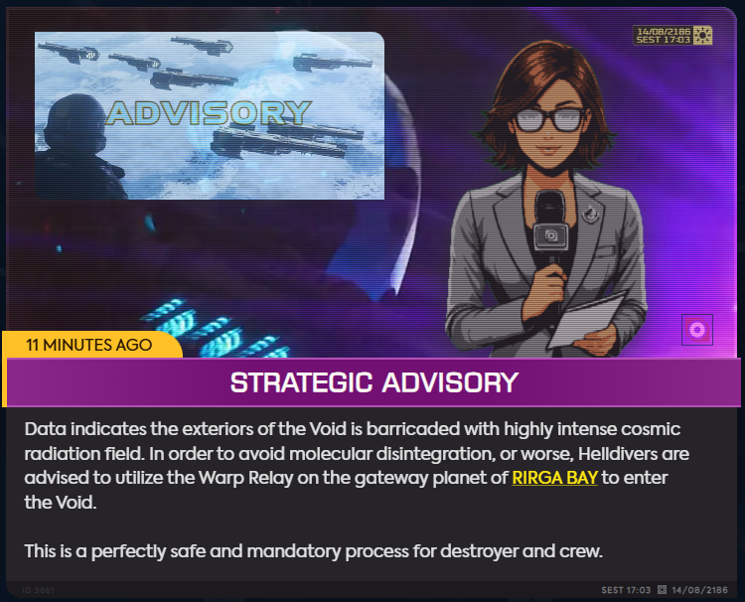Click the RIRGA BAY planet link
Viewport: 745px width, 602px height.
[x=554, y=478]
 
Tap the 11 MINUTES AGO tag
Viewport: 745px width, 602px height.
[x=88, y=345]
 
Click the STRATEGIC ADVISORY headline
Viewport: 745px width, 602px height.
[x=373, y=382]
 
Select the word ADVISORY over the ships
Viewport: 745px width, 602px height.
[x=209, y=113]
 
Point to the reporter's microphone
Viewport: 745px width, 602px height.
[x=550, y=226]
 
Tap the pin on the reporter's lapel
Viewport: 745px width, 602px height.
[x=591, y=213]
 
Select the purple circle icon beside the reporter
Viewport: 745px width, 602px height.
[x=697, y=330]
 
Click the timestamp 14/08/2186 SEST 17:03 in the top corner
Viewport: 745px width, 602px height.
[x=664, y=36]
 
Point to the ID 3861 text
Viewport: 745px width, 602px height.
[x=38, y=590]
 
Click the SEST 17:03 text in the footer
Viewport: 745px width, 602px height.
[x=626, y=590]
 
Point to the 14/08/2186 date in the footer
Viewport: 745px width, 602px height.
[x=699, y=590]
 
